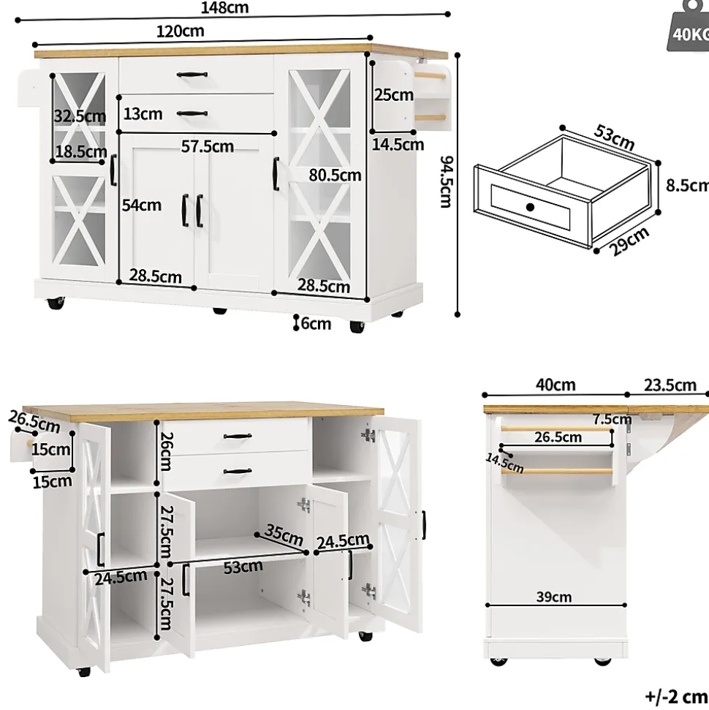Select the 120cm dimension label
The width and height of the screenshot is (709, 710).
click(x=180, y=31)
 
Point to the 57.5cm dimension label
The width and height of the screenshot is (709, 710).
click(x=208, y=147)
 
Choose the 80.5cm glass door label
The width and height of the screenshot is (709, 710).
click(x=335, y=175)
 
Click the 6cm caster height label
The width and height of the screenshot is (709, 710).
click(x=315, y=323)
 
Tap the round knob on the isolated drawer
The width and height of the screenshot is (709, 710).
click(x=530, y=207)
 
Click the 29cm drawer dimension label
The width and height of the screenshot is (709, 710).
click(x=630, y=241)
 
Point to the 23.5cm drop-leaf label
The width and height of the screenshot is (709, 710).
click(x=670, y=385)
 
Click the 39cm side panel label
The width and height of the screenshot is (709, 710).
click(x=553, y=597)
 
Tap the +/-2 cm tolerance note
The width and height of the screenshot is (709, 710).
click(x=676, y=696)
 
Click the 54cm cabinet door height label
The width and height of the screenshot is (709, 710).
click(x=141, y=205)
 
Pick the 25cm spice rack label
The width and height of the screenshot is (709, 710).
click(x=393, y=94)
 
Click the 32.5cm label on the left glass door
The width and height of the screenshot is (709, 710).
click(x=79, y=116)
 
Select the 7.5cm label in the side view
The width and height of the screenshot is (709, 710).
click(x=612, y=419)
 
